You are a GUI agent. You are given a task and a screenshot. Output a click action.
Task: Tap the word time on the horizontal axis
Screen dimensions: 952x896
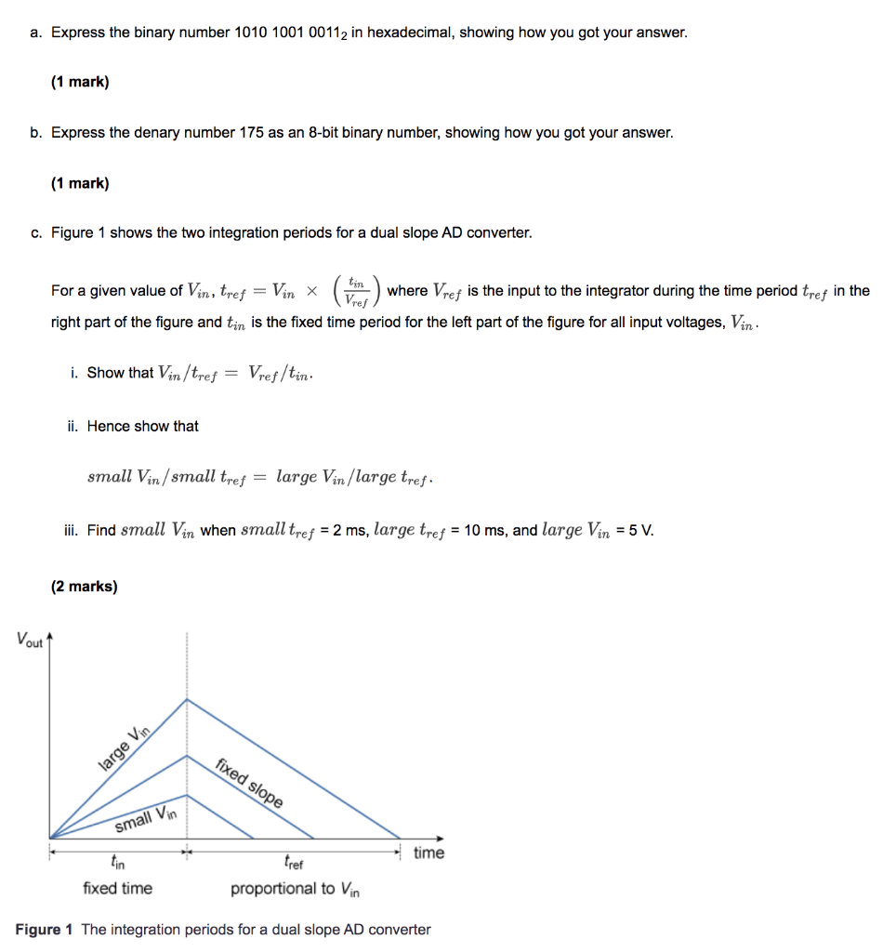coord(428,853)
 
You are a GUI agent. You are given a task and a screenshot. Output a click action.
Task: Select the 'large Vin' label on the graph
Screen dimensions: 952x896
coord(124,747)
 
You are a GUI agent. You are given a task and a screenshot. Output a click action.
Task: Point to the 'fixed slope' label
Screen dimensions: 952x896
coord(250,782)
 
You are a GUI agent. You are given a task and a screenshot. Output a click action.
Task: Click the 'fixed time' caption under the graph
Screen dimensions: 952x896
coord(117,888)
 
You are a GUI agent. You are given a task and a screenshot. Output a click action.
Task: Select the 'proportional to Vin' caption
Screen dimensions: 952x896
coord(296,889)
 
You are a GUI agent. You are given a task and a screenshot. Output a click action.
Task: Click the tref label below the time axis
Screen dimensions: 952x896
coord(293,862)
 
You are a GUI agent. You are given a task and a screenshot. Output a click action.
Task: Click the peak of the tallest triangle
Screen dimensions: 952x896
coord(188,699)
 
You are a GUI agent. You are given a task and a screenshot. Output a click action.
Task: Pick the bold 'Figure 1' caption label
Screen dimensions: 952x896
coord(44,930)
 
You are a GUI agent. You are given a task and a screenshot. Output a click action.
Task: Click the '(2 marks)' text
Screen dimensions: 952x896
coord(84,587)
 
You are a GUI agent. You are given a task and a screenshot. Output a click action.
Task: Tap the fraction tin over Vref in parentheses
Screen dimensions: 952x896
coord(356,291)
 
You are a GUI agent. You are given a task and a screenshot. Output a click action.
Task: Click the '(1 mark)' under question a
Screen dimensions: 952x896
coord(80,82)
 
